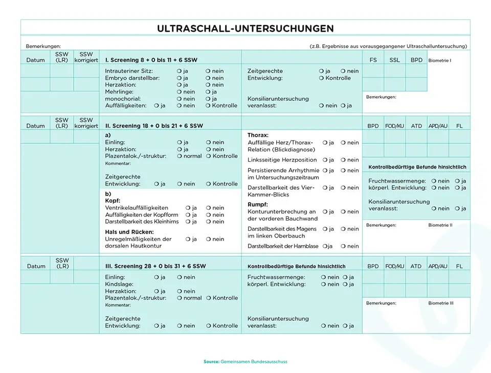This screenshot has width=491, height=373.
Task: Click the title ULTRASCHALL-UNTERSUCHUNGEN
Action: [x=245, y=29]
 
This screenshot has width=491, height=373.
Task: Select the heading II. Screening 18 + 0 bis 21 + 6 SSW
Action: [x=154, y=125]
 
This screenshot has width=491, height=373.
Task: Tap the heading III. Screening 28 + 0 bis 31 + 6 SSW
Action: [x=155, y=266]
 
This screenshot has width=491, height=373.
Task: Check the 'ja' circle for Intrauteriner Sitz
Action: [x=179, y=71]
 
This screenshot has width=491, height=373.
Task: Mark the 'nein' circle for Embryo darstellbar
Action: [x=208, y=78]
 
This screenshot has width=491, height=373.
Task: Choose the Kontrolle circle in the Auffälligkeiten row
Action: [x=208, y=106]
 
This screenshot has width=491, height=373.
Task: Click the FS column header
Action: [x=373, y=60]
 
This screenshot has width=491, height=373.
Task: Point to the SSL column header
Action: [x=394, y=60]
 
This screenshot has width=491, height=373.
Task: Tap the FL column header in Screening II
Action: [x=459, y=125]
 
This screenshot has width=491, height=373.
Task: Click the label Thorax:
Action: [x=258, y=135]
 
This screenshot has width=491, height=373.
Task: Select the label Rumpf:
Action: [x=258, y=205]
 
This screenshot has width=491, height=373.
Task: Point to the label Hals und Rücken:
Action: [x=129, y=232]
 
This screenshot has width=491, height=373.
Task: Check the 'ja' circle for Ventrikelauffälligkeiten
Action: [x=188, y=208]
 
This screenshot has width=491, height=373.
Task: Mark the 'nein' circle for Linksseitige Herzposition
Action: [x=343, y=160]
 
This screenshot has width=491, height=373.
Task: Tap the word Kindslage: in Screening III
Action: [x=119, y=284]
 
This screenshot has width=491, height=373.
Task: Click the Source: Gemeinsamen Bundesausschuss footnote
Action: [x=245, y=362]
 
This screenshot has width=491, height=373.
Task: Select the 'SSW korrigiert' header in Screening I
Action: [x=86, y=57]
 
